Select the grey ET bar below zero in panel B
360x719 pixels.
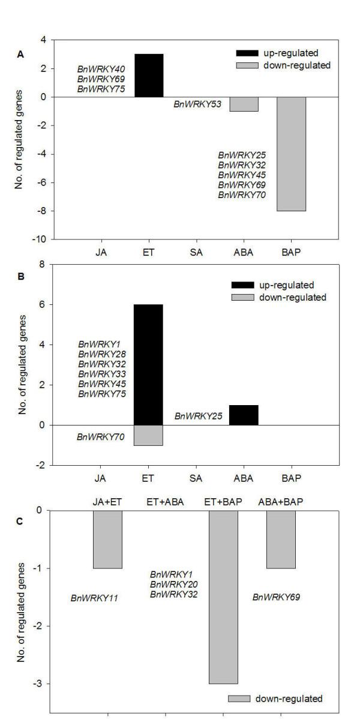pos(148,435)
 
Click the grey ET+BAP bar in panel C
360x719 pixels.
pos(223,597)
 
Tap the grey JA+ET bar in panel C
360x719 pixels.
pos(107,539)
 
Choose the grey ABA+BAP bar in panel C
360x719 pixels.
pos(281,539)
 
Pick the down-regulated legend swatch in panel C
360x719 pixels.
pos(240,698)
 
